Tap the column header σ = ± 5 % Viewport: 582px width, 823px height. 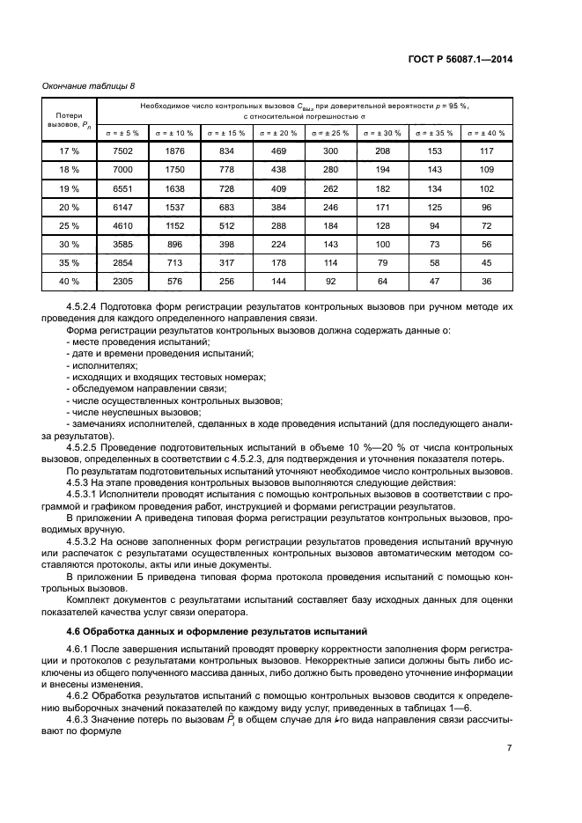122,133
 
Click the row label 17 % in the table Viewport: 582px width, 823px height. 69,151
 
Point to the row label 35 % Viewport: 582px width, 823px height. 69,262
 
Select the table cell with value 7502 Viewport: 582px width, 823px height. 122,151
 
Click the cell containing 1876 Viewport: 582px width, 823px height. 174,151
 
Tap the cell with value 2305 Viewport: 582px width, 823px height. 122,282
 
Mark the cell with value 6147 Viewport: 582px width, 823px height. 122,206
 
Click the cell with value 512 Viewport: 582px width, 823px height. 226,225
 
